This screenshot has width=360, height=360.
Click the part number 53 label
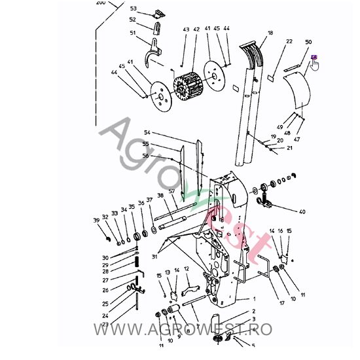(134, 9)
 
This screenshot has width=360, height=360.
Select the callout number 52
(132, 20)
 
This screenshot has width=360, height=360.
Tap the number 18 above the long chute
(270, 32)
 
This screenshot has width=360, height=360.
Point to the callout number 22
(289, 41)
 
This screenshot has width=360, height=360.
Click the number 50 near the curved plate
(308, 42)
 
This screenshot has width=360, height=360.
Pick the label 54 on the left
(147, 133)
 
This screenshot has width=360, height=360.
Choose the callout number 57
(171, 191)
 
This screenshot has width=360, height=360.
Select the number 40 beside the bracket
(302, 211)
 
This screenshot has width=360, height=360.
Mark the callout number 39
(96, 220)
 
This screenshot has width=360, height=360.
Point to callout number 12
(187, 269)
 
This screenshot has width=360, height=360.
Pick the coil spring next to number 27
(138, 269)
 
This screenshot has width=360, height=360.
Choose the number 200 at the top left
(100, 3)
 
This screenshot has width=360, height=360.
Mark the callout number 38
(160, 196)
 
